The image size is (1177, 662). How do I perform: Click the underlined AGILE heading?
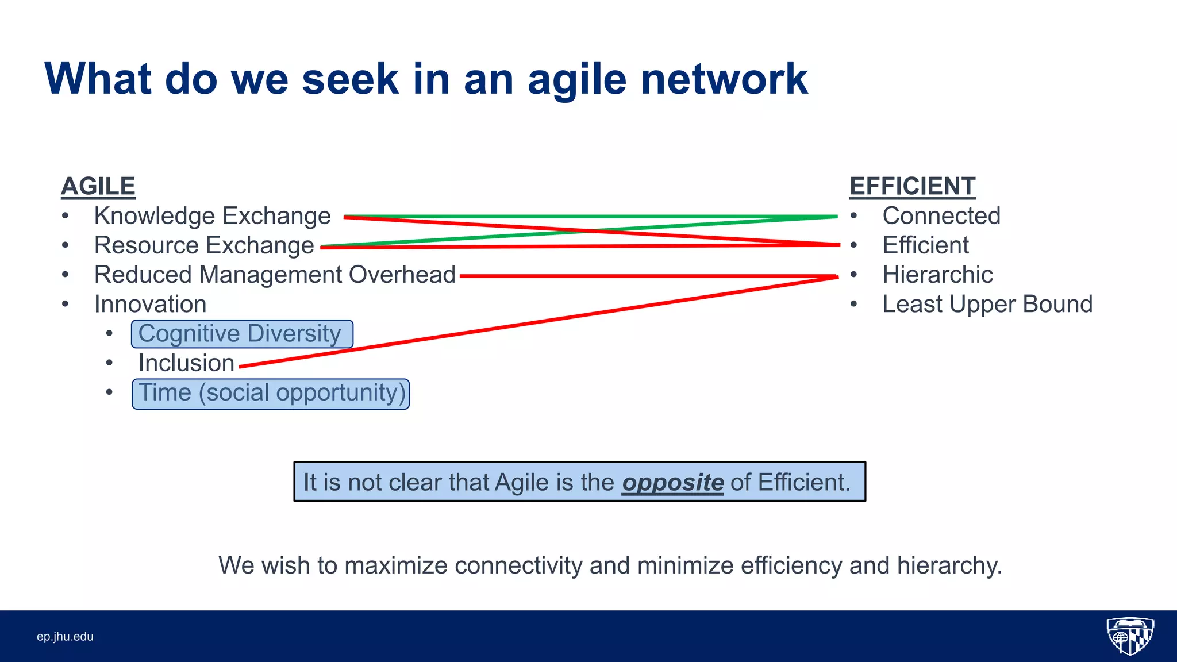click(98, 186)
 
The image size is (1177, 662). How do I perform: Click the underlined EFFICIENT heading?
click(912, 186)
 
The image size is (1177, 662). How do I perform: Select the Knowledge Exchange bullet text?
click(212, 216)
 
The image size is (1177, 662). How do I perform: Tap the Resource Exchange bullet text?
click(204, 245)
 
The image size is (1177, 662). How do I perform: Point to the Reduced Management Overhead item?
click(275, 275)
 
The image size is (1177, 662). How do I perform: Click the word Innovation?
click(150, 304)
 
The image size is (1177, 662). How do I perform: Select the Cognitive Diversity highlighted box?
click(241, 334)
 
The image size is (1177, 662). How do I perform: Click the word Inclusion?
click(186, 363)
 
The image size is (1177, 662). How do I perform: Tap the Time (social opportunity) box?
click(271, 394)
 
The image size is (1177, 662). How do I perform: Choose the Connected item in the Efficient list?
click(941, 216)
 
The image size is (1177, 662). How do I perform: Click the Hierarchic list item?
click(937, 275)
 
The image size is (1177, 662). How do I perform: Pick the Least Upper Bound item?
click(987, 304)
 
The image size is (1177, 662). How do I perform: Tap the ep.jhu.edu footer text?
click(65, 637)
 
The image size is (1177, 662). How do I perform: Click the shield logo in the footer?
click(1130, 636)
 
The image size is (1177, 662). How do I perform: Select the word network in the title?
click(724, 79)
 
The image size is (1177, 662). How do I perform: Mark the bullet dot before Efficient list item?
click(854, 245)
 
